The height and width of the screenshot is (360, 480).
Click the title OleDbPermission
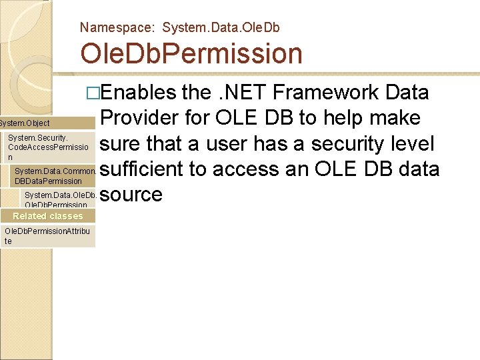[191, 53]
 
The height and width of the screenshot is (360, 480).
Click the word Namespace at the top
[117, 27]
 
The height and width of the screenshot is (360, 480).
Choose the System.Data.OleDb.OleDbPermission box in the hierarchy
[60, 199]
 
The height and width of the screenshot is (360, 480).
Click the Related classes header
[48, 216]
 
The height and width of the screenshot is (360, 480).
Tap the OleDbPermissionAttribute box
[48, 236]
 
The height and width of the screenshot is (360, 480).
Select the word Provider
[141, 118]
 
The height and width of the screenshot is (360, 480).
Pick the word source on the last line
[132, 195]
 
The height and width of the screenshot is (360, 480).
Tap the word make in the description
[397, 118]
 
